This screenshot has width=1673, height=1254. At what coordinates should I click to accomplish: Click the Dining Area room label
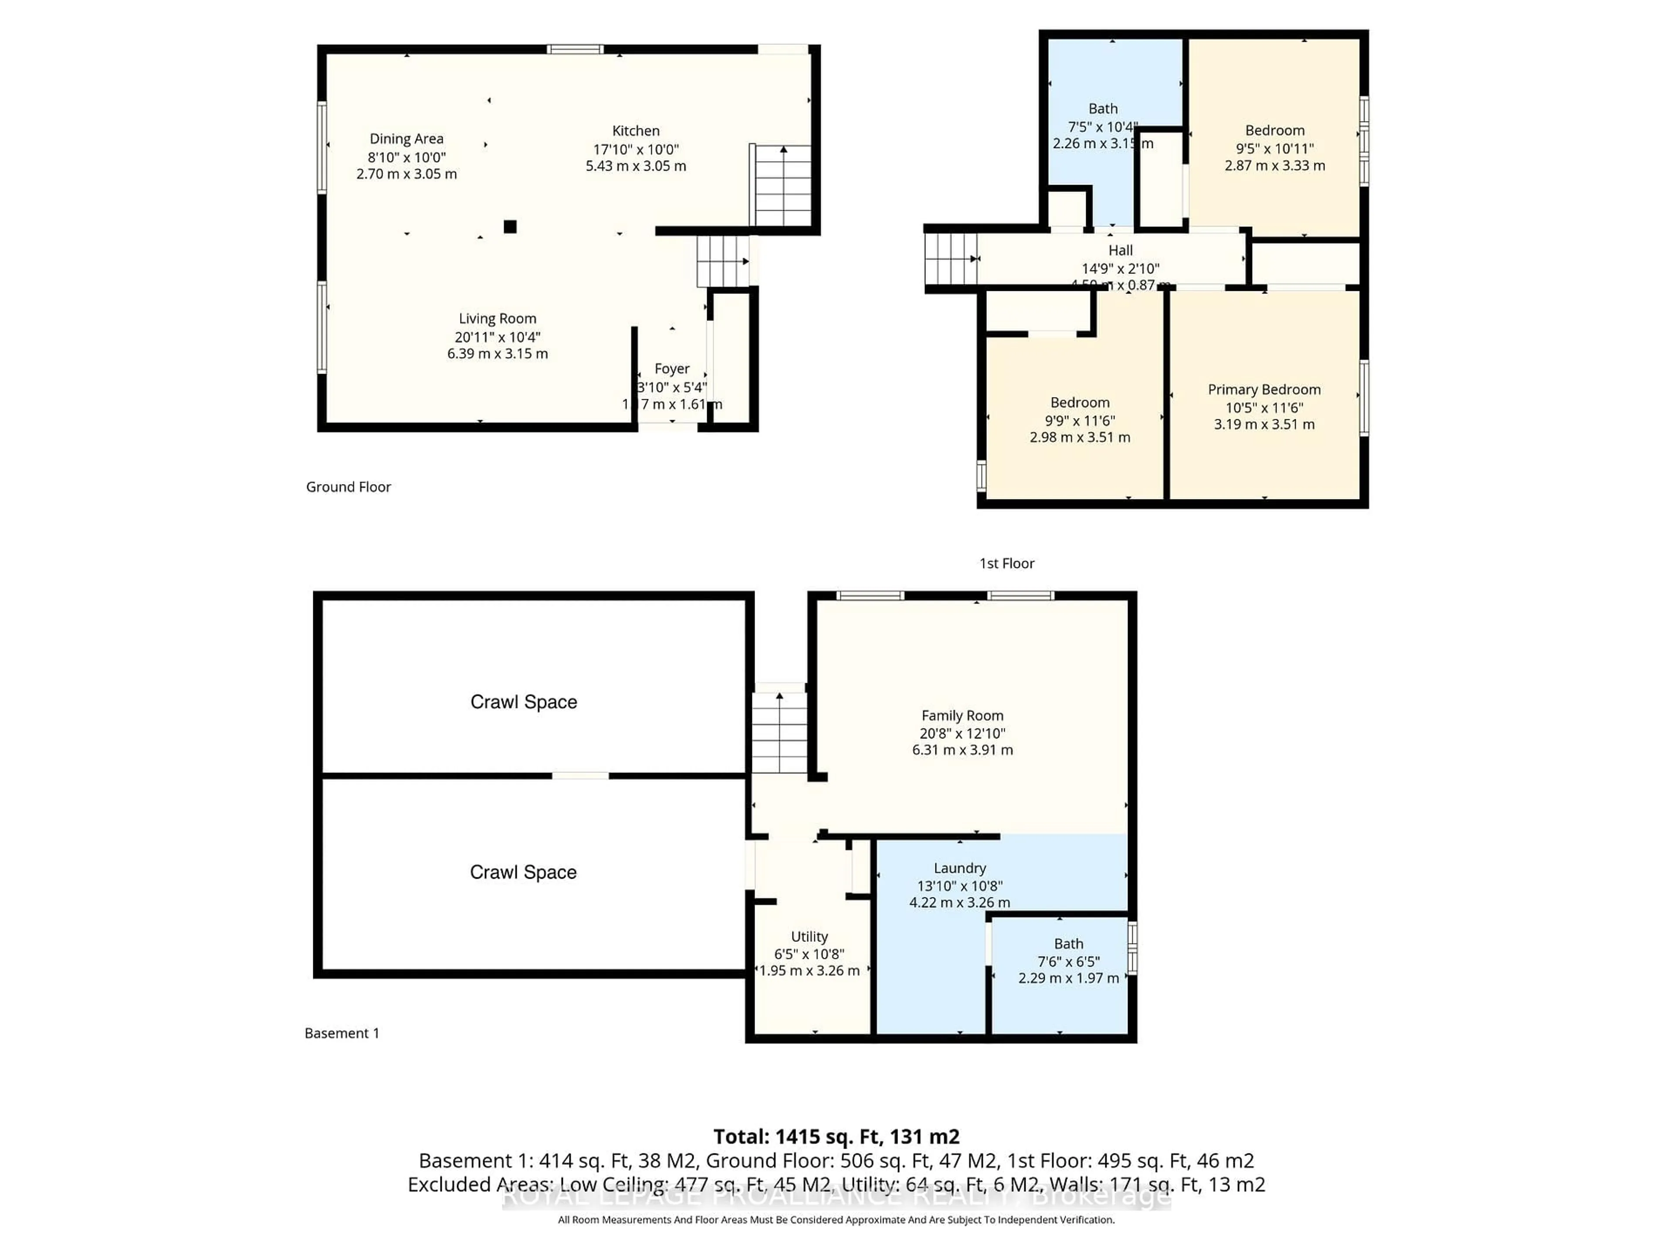coord(406,139)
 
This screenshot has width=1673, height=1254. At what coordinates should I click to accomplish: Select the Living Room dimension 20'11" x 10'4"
coord(497,337)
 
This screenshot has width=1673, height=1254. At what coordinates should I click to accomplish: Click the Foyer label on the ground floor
coord(672,369)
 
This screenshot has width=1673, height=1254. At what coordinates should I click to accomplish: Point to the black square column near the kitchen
coord(511,226)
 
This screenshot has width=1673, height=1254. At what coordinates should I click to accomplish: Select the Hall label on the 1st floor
coord(1120,251)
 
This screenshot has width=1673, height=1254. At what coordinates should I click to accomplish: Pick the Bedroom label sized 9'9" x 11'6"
coord(1079,403)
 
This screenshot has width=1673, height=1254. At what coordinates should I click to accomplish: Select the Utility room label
coord(809,937)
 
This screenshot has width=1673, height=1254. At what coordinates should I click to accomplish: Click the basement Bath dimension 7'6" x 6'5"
coord(1068,961)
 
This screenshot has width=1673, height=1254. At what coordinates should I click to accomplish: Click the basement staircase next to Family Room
coord(779,731)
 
